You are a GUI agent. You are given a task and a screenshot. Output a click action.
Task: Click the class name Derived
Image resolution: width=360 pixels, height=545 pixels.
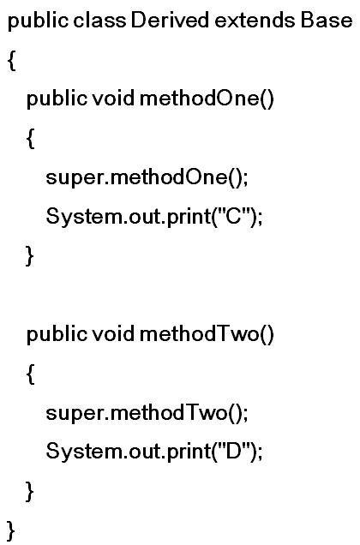[170, 20]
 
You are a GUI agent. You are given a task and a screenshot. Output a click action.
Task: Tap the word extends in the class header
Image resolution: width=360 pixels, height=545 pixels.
[255, 21]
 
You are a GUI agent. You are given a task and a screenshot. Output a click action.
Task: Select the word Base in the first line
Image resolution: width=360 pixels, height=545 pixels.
[327, 20]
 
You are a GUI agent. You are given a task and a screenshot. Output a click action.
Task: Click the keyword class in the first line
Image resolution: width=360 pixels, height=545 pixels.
[99, 20]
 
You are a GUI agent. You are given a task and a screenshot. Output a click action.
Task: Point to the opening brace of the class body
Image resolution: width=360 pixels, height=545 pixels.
[11, 60]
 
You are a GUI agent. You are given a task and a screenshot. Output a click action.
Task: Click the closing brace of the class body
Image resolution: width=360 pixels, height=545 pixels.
[11, 530]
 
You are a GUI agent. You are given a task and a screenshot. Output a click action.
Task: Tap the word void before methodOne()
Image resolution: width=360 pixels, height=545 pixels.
[113, 98]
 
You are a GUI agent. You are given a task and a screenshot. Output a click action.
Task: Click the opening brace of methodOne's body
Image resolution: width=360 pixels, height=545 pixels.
[31, 138]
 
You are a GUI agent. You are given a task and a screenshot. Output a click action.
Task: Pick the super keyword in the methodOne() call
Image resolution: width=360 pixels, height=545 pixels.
[74, 178]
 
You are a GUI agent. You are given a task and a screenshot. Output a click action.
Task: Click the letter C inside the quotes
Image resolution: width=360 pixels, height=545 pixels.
[233, 216]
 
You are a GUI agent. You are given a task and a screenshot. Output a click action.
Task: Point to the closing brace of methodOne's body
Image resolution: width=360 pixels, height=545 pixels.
[30, 256]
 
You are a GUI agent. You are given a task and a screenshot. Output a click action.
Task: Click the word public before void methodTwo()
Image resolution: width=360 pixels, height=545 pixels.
[57, 335]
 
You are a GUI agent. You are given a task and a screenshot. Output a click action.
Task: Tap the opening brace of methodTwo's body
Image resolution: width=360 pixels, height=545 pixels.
[31, 374]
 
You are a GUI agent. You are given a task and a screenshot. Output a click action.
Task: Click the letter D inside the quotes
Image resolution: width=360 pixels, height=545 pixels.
[233, 451]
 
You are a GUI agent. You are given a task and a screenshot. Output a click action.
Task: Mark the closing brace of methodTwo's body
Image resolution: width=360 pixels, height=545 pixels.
[30, 491]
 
